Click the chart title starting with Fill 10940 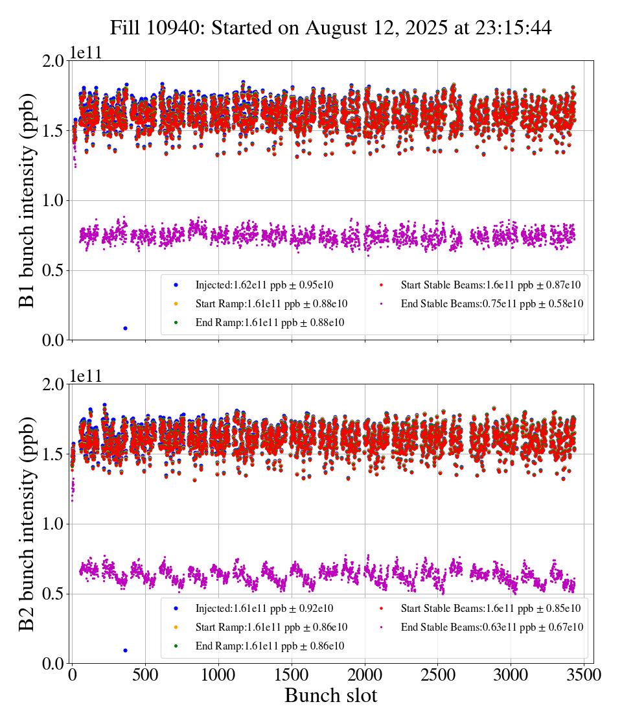pyautogui.click(x=330, y=28)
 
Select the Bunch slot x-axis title pyautogui.click(x=330, y=696)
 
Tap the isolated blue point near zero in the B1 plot pyautogui.click(x=125, y=328)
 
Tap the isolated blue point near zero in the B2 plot pyautogui.click(x=125, y=650)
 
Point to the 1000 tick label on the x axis pyautogui.click(x=218, y=675)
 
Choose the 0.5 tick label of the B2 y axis pyautogui.click(x=52, y=594)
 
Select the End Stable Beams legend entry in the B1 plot pyautogui.click(x=483, y=303)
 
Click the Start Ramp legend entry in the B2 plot pyautogui.click(x=271, y=627)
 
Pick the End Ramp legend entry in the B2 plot pyautogui.click(x=270, y=646)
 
